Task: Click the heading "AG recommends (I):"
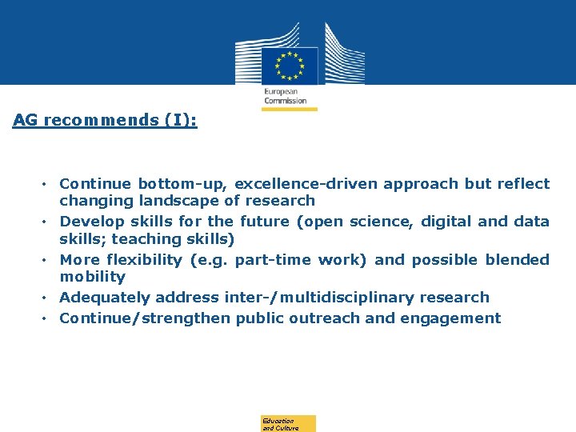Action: pos(105,120)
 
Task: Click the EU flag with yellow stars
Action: pos(289,66)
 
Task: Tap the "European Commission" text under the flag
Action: pos(286,96)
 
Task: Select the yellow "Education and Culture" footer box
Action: pos(288,424)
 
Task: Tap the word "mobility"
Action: pos(92,277)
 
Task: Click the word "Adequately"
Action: pos(105,298)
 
